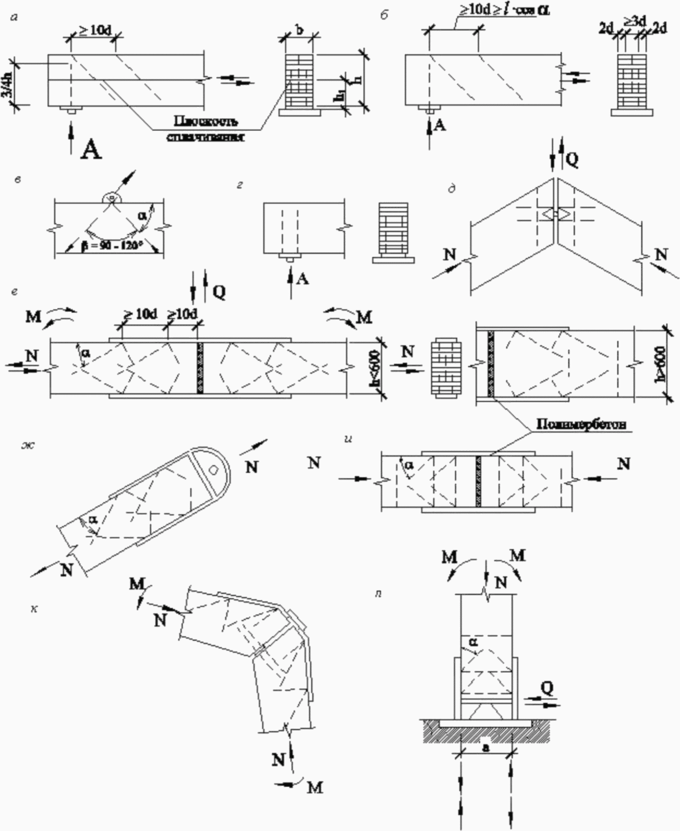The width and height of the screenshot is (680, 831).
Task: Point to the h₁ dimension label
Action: click(339, 96)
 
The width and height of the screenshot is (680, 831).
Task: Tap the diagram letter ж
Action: click(28, 445)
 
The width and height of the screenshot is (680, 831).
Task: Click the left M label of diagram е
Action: click(34, 316)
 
